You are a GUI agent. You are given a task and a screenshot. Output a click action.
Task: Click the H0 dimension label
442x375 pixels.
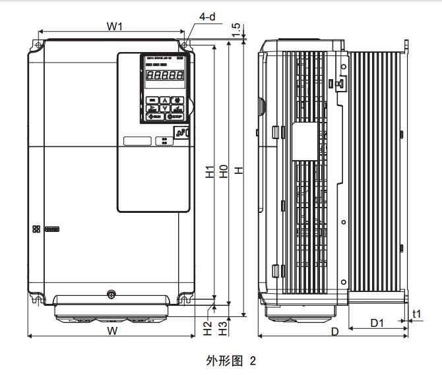(x=224, y=172)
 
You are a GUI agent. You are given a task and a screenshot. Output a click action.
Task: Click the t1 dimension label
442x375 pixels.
(x=417, y=314)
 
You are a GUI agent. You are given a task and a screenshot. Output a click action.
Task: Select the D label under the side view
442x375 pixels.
(x=334, y=332)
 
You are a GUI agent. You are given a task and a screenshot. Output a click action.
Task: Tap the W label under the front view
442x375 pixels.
(x=112, y=332)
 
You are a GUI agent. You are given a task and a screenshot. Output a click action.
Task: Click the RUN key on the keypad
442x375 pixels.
(x=153, y=117)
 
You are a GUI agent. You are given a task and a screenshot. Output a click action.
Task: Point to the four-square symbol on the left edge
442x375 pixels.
(x=35, y=230)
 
